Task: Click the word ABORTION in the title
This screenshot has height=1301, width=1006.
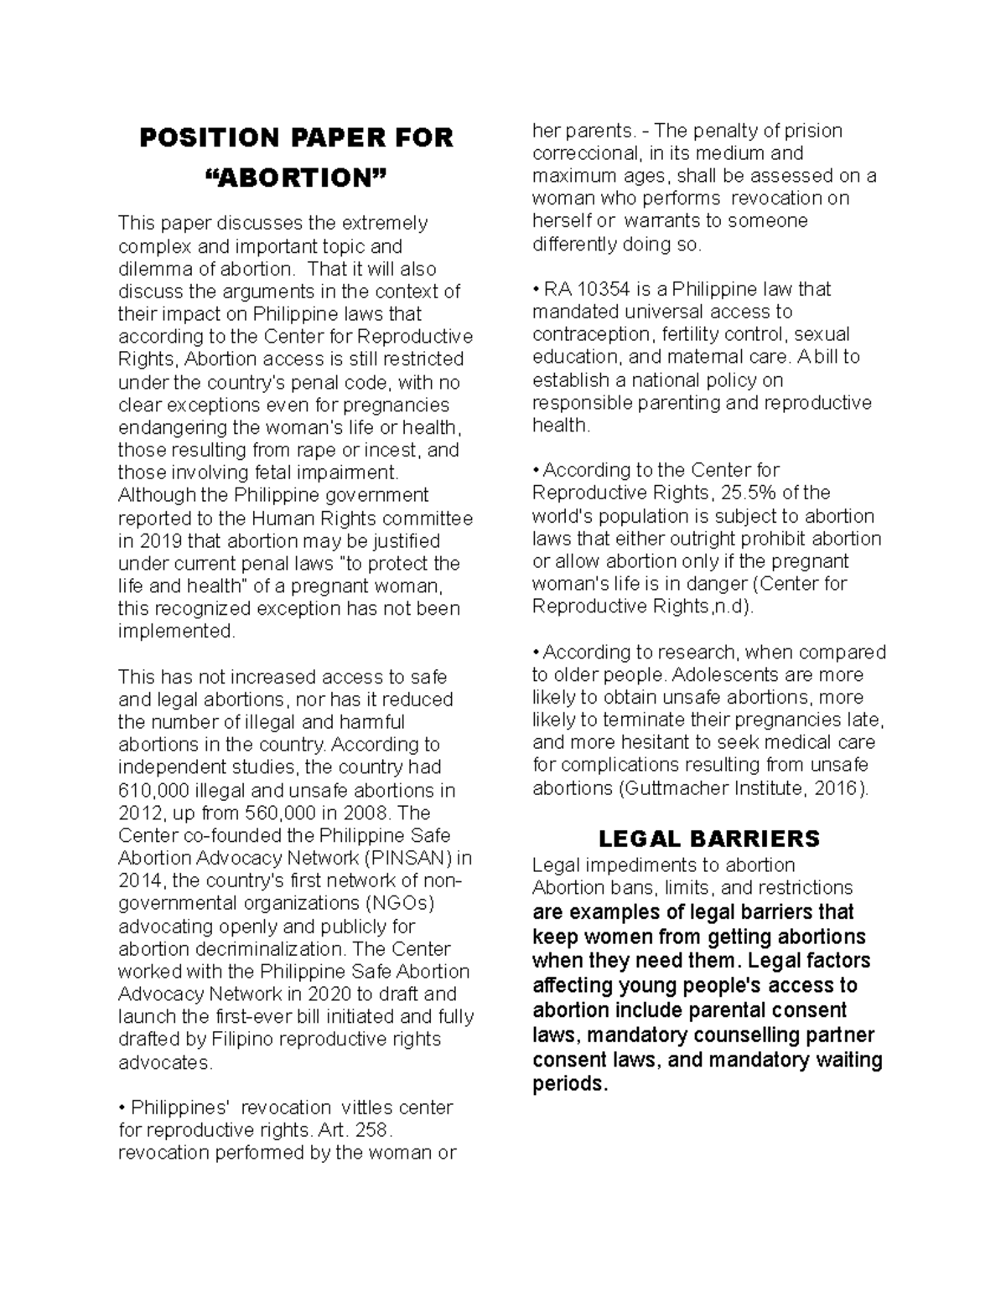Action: click(x=296, y=178)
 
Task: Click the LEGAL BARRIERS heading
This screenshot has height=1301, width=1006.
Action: click(x=708, y=839)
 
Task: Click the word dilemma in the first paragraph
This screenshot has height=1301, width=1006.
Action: click(x=151, y=269)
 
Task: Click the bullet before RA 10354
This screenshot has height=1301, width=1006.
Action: click(x=536, y=290)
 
